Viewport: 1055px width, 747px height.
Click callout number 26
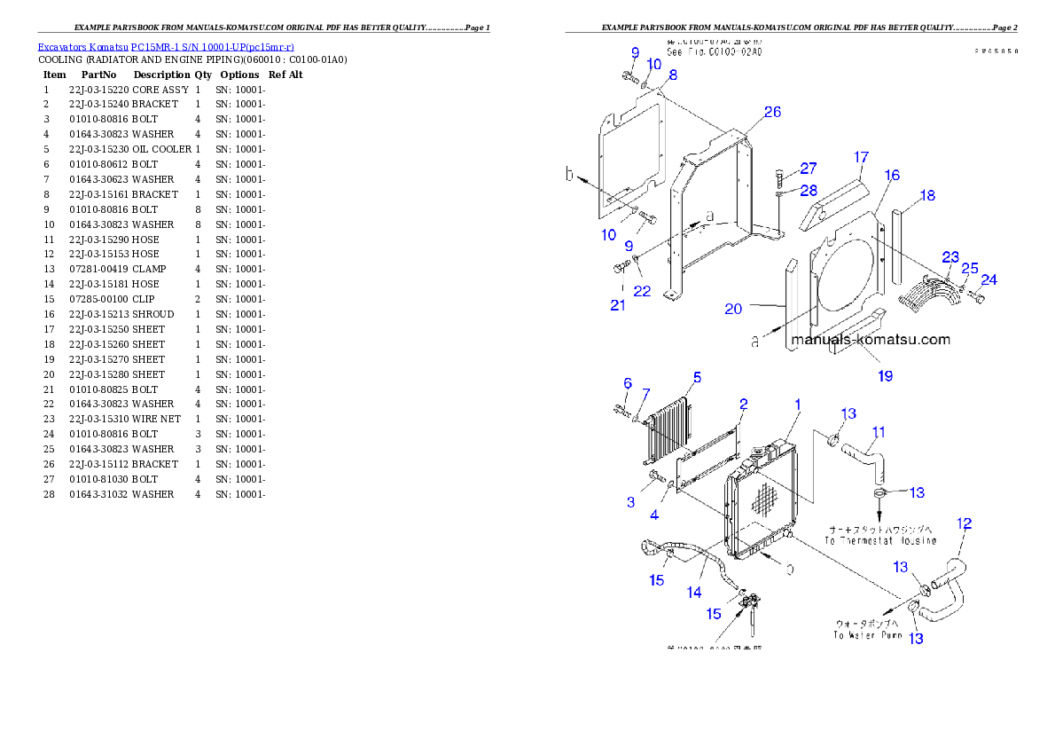(772, 112)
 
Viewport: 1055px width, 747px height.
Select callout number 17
(862, 158)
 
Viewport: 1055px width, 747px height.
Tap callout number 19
(885, 376)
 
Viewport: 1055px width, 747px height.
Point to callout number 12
(965, 523)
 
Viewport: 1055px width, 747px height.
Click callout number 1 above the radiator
(797, 405)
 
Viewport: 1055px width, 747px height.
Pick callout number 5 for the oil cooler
(697, 377)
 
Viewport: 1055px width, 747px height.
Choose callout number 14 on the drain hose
(694, 592)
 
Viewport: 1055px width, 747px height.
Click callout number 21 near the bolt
(617, 306)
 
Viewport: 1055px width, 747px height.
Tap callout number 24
(989, 279)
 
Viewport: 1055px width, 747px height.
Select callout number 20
(732, 309)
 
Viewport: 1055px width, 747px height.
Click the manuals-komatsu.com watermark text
(870, 340)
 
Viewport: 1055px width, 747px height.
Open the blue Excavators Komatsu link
(166, 46)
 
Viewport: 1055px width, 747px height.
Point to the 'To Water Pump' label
(867, 635)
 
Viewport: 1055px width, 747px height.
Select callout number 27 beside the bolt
(808, 169)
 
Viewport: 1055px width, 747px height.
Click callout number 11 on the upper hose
(878, 433)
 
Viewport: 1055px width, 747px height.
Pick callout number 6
(628, 383)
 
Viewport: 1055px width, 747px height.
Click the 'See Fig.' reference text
(715, 52)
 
